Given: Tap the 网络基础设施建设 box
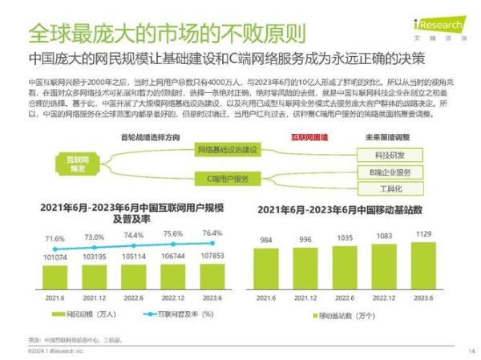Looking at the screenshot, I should [x=227, y=150].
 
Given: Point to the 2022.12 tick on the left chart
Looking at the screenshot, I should [x=173, y=297].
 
